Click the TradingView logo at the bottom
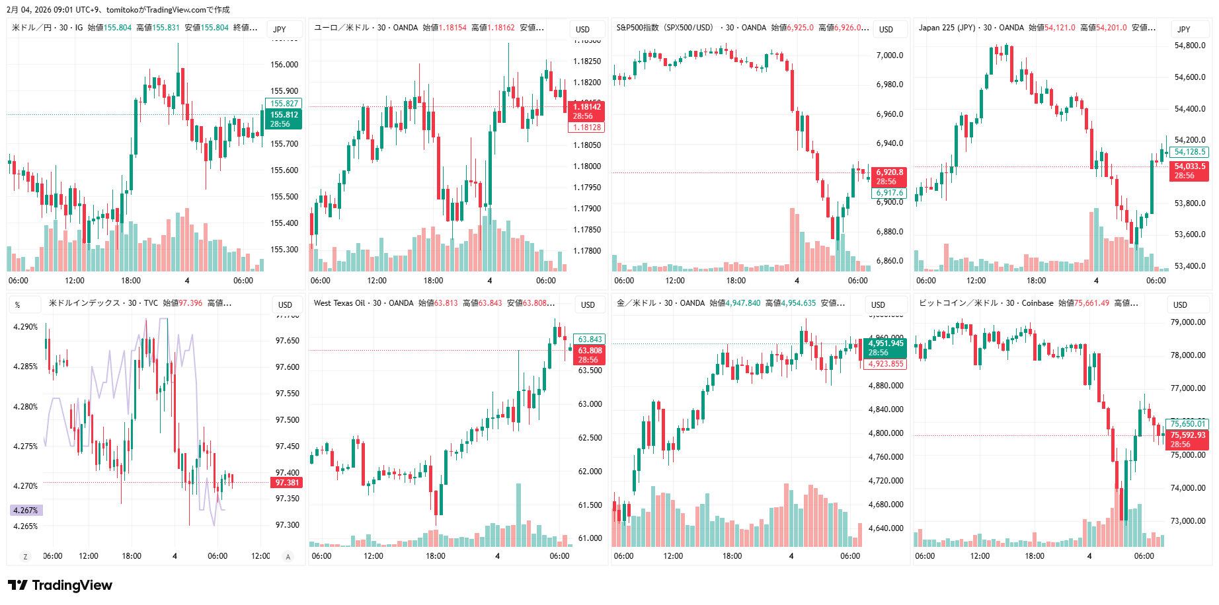[60, 585]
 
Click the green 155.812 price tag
[284, 119]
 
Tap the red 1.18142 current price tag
[586, 111]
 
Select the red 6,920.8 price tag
[889, 176]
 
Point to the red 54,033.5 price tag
[1189, 170]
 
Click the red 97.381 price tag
[287, 483]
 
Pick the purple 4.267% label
[26, 511]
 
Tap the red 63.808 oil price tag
[590, 355]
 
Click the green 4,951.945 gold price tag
[885, 347]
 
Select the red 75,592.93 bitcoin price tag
[1187, 439]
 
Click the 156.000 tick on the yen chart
[284, 65]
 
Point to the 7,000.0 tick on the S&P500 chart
[889, 55]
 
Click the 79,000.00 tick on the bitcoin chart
[1188, 322]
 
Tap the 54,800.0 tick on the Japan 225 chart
[1189, 46]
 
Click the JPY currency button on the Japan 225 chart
[1183, 29]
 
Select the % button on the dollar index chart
[18, 304]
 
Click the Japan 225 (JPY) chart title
[947, 28]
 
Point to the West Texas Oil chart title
[339, 303]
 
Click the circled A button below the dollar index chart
[288, 557]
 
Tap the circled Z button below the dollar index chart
[26, 557]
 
